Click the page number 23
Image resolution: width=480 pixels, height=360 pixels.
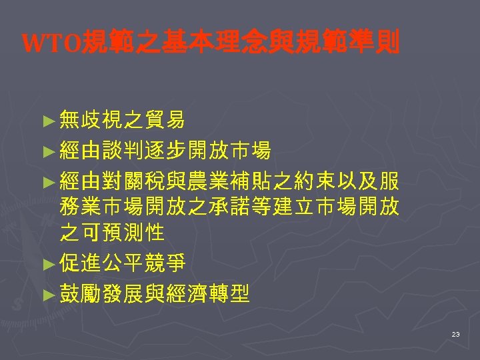point(455,333)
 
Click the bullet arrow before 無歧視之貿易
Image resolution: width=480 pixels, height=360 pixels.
point(47,121)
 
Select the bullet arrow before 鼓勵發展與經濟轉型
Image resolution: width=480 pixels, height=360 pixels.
point(47,295)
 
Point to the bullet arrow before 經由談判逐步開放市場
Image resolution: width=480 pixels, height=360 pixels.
point(47,152)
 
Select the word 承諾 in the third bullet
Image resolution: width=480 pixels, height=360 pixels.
point(250,207)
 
